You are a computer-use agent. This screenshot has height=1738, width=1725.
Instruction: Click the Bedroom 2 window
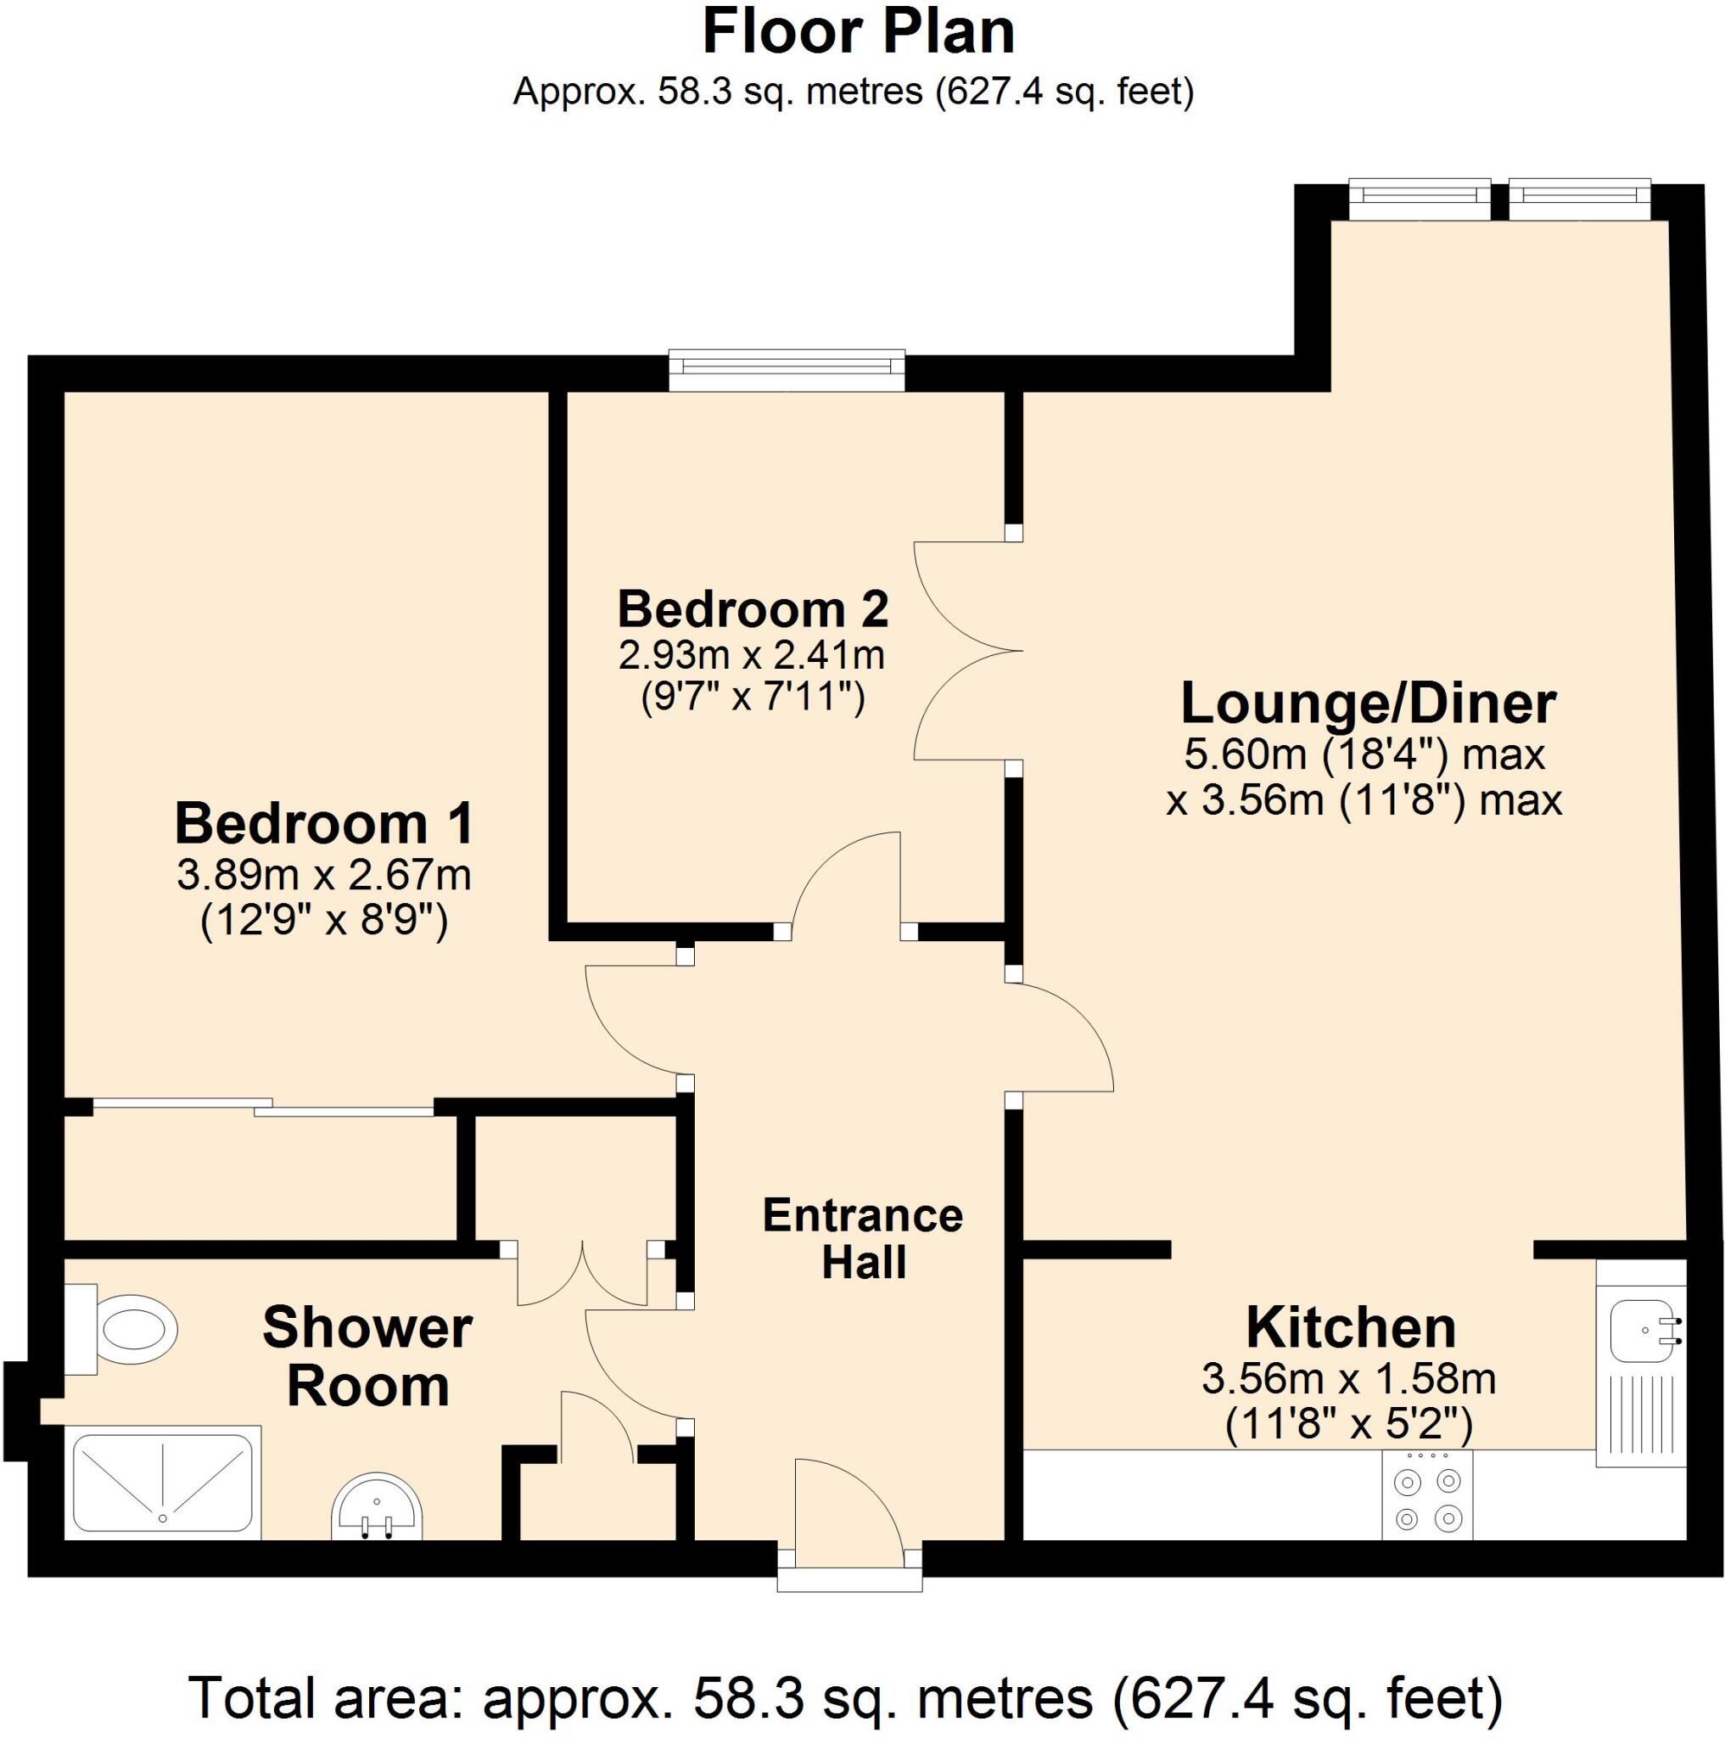(786, 370)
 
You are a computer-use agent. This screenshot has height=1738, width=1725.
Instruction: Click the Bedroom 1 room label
(324, 823)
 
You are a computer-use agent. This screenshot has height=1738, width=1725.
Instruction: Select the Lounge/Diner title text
(1367, 704)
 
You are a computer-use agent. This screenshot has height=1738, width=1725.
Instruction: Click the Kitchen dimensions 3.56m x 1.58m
(1348, 1379)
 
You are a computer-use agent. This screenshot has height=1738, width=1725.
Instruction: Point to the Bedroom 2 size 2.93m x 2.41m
(751, 655)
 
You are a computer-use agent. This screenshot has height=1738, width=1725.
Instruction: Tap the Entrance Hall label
(862, 1238)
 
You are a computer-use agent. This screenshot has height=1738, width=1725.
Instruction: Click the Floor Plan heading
(858, 32)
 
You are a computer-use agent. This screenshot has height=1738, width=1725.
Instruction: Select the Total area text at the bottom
(846, 1696)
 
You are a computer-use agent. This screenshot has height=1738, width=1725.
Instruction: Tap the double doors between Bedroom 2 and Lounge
(966, 649)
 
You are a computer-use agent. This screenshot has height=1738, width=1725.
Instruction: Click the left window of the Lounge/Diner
(1419, 199)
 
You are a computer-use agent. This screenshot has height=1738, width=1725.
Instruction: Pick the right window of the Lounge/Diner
(1578, 199)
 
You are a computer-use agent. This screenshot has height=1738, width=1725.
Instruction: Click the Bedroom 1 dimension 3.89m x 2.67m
(324, 875)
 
